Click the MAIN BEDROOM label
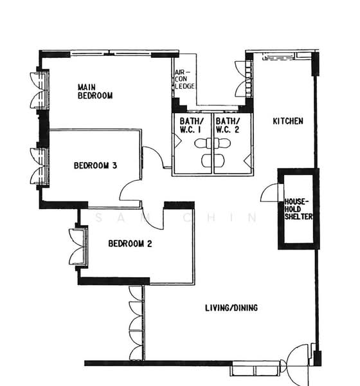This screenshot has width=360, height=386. point(95,91)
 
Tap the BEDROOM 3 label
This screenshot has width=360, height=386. point(95,165)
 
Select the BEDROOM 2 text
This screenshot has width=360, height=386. point(130,243)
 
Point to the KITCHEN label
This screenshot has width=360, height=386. point(288,121)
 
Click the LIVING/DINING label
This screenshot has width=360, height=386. point(231,308)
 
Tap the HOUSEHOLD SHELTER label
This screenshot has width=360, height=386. point(298,209)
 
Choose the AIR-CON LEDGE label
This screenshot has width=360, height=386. point(184,79)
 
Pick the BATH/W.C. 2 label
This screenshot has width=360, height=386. point(228,125)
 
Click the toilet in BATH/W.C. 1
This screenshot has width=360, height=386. point(204,143)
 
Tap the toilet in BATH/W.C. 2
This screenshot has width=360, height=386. point(222,143)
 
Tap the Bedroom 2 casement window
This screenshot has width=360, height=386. point(78,246)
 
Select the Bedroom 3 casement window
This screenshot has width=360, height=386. point(39,166)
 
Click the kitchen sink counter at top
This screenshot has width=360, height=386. point(278,57)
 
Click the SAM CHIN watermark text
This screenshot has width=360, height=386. point(176,217)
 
